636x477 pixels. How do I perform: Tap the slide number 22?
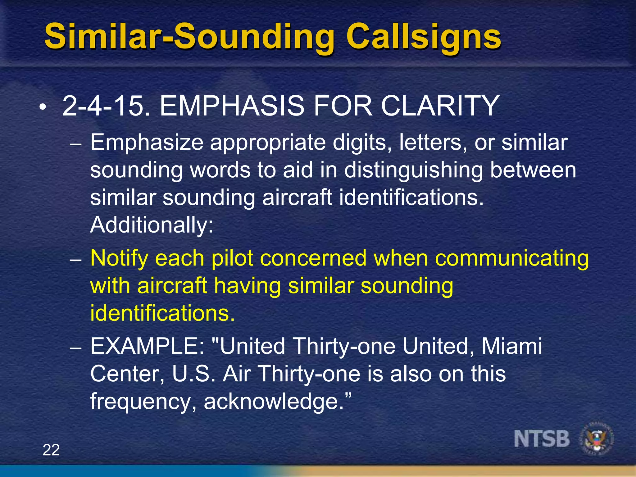coord(51,450)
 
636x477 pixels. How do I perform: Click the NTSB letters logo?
coord(542,439)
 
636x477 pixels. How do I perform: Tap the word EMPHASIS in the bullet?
coord(232,106)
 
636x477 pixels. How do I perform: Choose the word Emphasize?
coord(147,143)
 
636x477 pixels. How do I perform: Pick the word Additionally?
coord(152,225)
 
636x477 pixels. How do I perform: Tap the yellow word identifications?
coord(162,313)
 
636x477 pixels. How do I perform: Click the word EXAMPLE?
coord(147,346)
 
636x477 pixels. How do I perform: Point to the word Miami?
coord(511,346)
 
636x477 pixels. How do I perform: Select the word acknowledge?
coord(274,402)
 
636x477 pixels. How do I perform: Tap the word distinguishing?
coord(413,170)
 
